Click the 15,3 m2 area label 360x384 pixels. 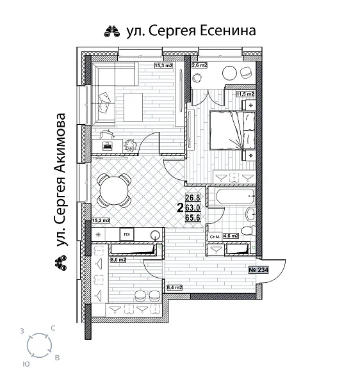coord(165,65)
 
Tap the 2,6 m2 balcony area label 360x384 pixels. coord(199,65)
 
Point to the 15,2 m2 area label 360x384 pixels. coord(101,221)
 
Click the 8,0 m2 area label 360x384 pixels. coord(117,260)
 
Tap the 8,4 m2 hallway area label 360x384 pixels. coord(174,288)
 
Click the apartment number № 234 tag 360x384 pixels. coord(258,270)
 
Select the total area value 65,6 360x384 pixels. coord(193,218)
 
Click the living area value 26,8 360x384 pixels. coord(193,198)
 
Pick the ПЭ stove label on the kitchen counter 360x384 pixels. coord(127,234)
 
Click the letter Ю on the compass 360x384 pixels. coord(25,363)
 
